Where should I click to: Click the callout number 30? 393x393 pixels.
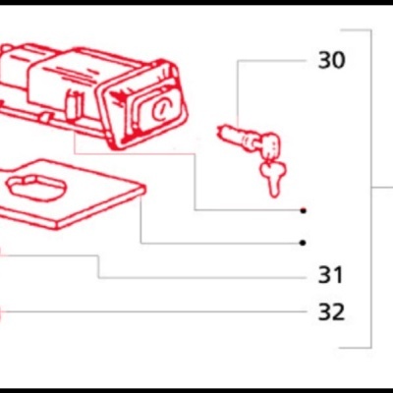pyautogui.click(x=331, y=61)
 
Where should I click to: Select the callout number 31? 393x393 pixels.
pyautogui.click(x=331, y=274)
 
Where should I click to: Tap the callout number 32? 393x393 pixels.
pyautogui.click(x=331, y=312)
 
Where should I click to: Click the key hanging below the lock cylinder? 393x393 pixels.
pyautogui.click(x=271, y=176)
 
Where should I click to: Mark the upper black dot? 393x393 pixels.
pyautogui.click(x=304, y=211)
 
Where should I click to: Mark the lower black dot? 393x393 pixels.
pyautogui.click(x=304, y=243)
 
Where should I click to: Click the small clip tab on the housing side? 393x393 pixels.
pyautogui.click(x=75, y=101)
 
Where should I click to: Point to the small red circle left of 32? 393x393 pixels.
pyautogui.click(x=1, y=314)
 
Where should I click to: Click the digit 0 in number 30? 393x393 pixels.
pyautogui.click(x=339, y=61)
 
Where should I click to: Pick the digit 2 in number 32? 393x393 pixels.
pyautogui.click(x=339, y=312)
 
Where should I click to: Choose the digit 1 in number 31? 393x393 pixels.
pyautogui.click(x=339, y=274)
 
